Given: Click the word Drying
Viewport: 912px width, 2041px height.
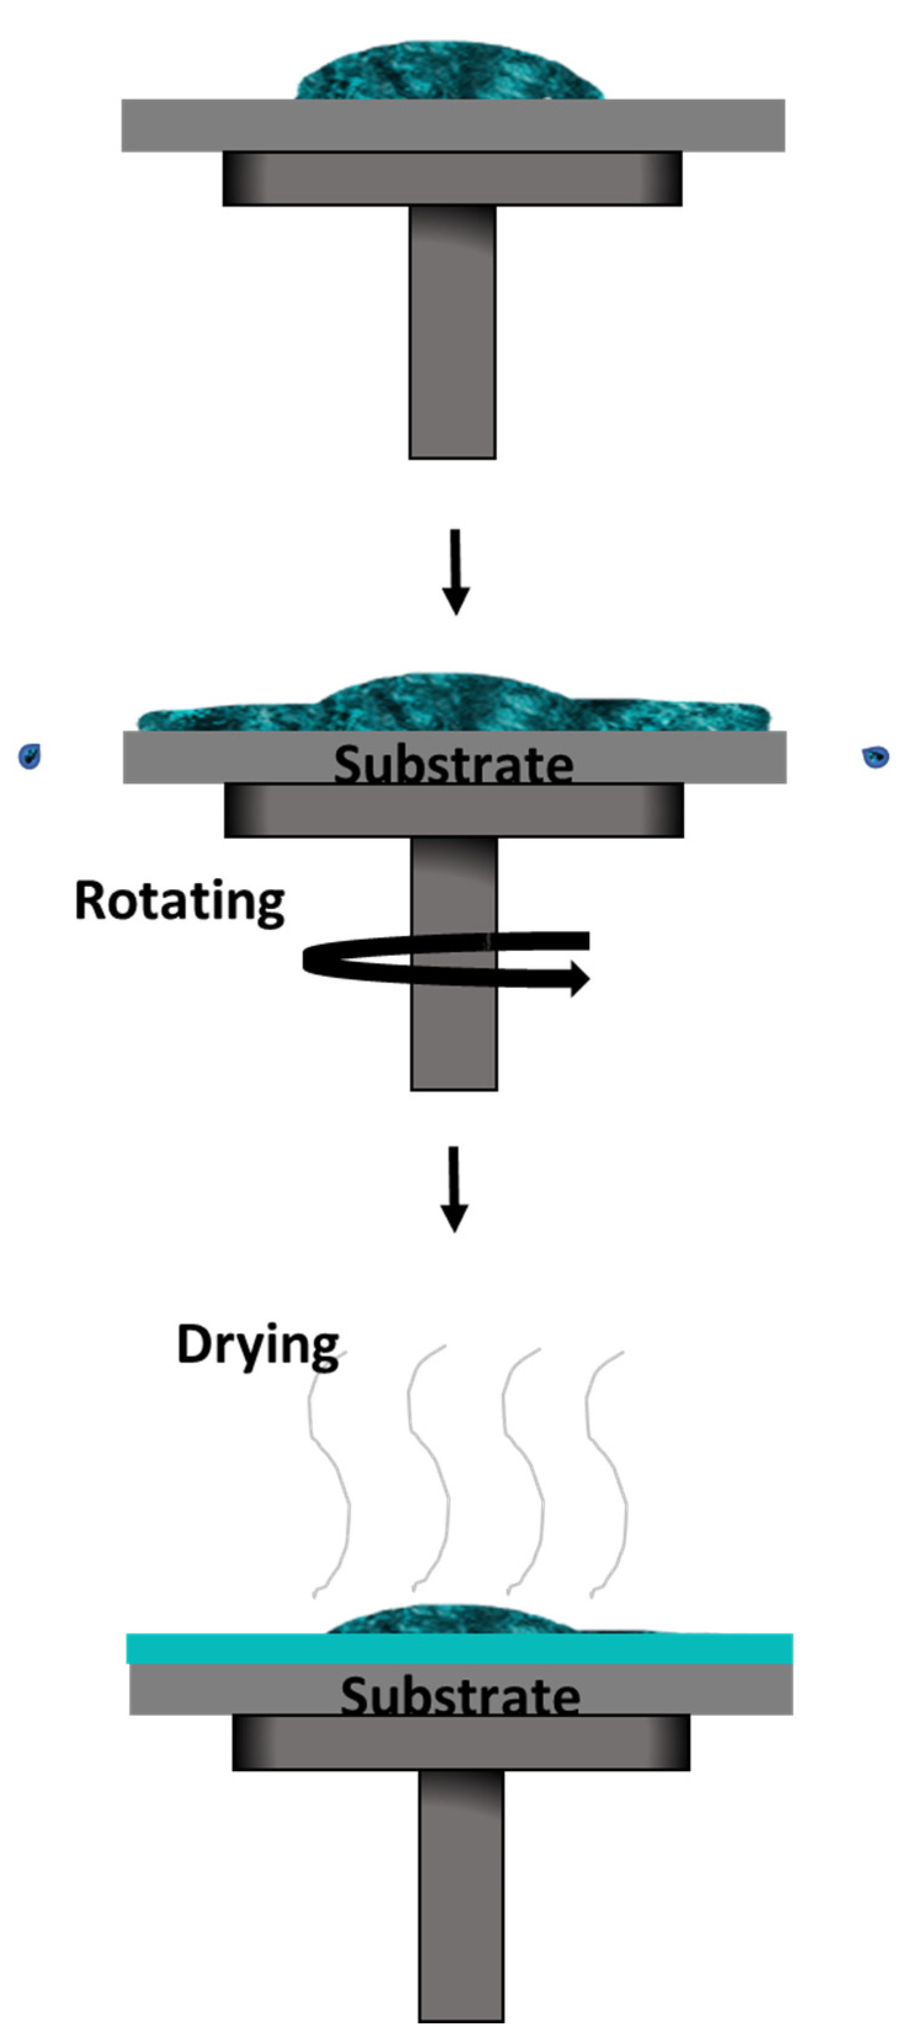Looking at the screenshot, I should click(257, 1345).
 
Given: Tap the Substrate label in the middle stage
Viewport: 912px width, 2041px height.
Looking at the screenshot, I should click(453, 764).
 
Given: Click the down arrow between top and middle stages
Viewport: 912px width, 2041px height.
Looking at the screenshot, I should click(455, 570).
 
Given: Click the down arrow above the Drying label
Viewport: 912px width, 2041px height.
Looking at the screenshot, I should click(454, 1189).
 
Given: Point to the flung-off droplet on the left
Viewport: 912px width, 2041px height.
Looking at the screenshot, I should click(29, 756).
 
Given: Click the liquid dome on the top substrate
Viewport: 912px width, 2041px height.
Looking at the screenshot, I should click(449, 71).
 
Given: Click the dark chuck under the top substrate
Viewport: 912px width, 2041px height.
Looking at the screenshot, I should click(452, 179).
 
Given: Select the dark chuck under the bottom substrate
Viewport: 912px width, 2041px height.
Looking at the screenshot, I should click(460, 1742).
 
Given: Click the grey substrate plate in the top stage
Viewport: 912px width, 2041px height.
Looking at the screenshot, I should click(452, 125).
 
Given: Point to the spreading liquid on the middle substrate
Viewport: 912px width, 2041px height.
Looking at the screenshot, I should click(452, 704).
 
